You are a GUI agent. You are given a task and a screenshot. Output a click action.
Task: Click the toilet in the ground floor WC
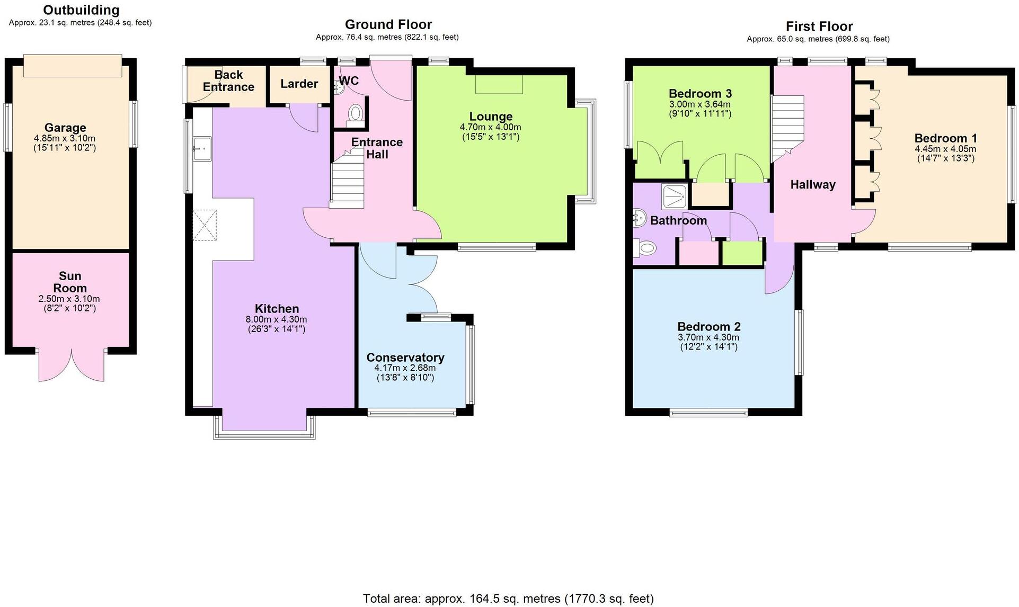point(356,114)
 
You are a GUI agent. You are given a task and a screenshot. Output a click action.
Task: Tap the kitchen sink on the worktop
point(202,148)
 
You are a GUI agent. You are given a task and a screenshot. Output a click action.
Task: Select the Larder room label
point(299,84)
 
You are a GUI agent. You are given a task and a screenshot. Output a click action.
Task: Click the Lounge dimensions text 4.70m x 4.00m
point(490,127)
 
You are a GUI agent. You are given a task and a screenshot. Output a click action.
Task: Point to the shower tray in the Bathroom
point(675,196)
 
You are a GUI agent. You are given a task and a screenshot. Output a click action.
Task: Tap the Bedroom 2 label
point(708,326)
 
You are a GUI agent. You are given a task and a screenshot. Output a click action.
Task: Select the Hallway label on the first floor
point(812,184)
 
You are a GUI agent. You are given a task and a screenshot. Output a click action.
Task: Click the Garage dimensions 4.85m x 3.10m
point(65,138)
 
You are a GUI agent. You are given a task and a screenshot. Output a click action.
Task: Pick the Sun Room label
point(70,282)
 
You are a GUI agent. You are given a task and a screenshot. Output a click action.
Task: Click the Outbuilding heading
point(81,10)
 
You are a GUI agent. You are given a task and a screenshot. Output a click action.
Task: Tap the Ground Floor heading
point(388,24)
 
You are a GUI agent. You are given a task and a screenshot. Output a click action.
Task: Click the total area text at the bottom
point(508,599)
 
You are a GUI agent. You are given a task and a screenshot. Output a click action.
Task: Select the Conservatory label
point(405,358)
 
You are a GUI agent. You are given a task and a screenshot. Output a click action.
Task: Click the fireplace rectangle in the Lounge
point(499,85)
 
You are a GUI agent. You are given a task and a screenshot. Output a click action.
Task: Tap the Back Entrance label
point(228,81)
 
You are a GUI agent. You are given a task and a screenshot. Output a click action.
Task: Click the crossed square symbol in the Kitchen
point(205,225)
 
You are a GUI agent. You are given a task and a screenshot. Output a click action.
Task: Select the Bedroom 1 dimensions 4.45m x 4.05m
point(945,149)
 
